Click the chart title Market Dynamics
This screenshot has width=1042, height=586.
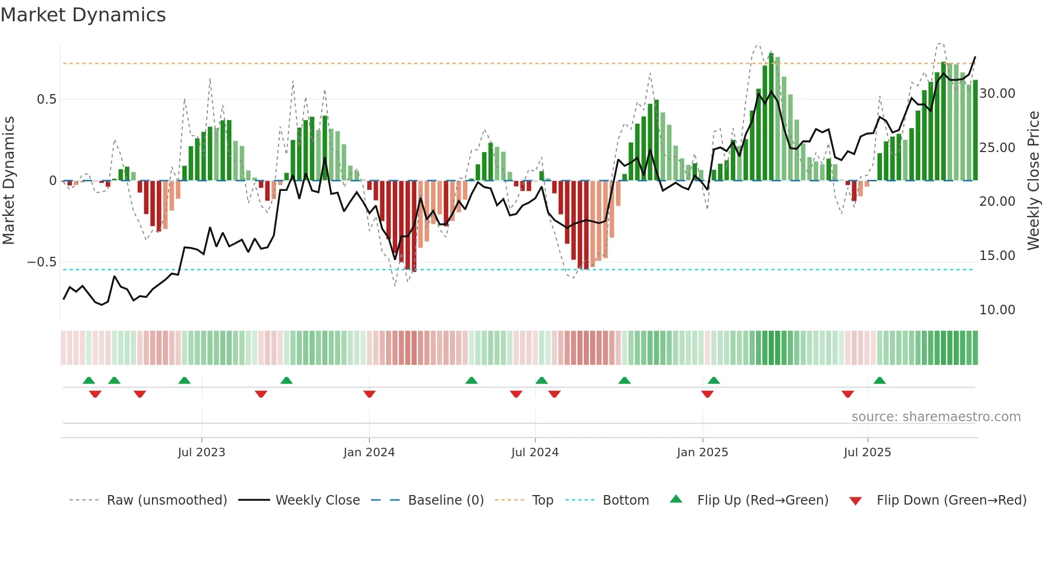click(x=83, y=15)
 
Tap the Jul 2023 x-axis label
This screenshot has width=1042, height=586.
click(x=201, y=453)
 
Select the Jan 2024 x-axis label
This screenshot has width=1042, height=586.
click(x=369, y=453)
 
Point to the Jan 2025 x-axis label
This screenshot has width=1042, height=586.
click(x=702, y=453)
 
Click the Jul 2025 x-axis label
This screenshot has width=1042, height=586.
click(x=867, y=453)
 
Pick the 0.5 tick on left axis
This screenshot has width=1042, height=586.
click(x=46, y=99)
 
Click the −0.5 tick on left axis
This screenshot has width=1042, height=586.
click(x=41, y=262)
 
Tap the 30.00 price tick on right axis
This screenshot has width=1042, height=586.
click(x=997, y=94)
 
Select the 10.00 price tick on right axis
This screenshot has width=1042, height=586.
click(x=997, y=310)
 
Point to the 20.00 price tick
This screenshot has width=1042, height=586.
click(x=997, y=202)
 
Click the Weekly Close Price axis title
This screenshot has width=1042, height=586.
click(x=1033, y=180)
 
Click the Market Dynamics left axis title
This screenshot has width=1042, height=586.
click(x=9, y=180)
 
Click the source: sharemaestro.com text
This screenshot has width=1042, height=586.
click(x=936, y=417)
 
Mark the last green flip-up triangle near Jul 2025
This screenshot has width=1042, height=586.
click(x=879, y=381)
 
